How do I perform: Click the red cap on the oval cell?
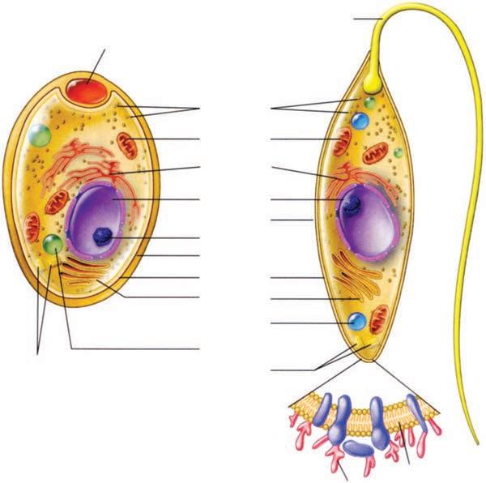click(x=86, y=90)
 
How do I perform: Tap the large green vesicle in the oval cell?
click(x=37, y=135)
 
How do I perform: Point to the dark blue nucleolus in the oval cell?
click(x=102, y=236)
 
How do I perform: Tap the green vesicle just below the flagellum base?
click(x=369, y=103)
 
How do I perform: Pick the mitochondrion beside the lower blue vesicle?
click(x=377, y=318)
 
